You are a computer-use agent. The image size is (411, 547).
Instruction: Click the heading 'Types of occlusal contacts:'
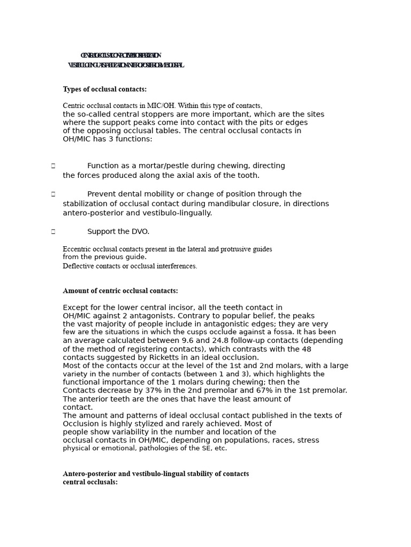pos(104,89)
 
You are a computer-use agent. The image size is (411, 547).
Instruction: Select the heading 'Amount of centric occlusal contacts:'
pos(120,291)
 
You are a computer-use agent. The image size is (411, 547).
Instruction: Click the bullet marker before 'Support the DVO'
pos(53,232)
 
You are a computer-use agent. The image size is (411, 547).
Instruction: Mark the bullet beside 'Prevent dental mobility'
pos(53,194)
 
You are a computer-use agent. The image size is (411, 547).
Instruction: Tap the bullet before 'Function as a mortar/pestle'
pos(53,166)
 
